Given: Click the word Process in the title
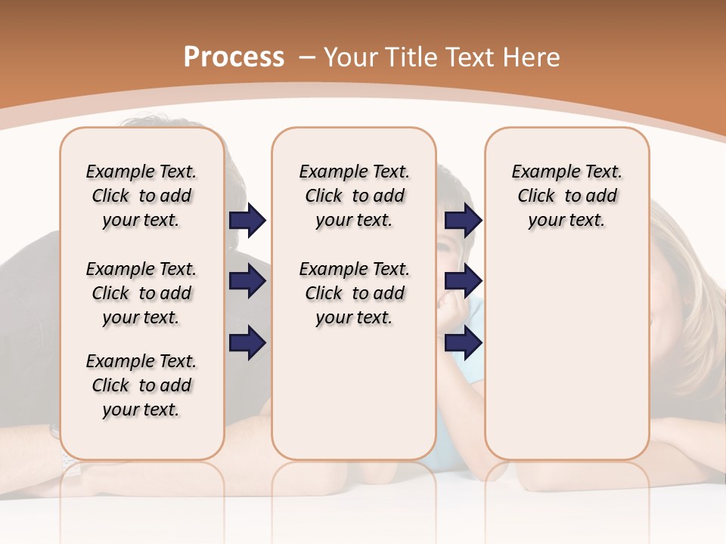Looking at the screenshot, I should pos(234,57).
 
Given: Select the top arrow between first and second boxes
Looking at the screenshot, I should pos(247,221).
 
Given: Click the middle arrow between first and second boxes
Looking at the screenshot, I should pos(247,282).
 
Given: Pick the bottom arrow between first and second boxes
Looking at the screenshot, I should pos(247,343).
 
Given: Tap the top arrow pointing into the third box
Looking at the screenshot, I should pos(463,221).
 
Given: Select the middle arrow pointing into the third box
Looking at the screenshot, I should pos(463,282).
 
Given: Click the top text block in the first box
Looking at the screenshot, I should pos(141,196).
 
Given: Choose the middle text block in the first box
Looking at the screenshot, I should pos(141,293).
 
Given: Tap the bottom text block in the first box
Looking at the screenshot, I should pos(141,385).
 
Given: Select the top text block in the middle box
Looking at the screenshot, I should pos(354,196).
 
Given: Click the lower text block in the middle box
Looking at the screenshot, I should pos(354,293).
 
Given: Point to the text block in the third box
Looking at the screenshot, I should pos(566,196).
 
